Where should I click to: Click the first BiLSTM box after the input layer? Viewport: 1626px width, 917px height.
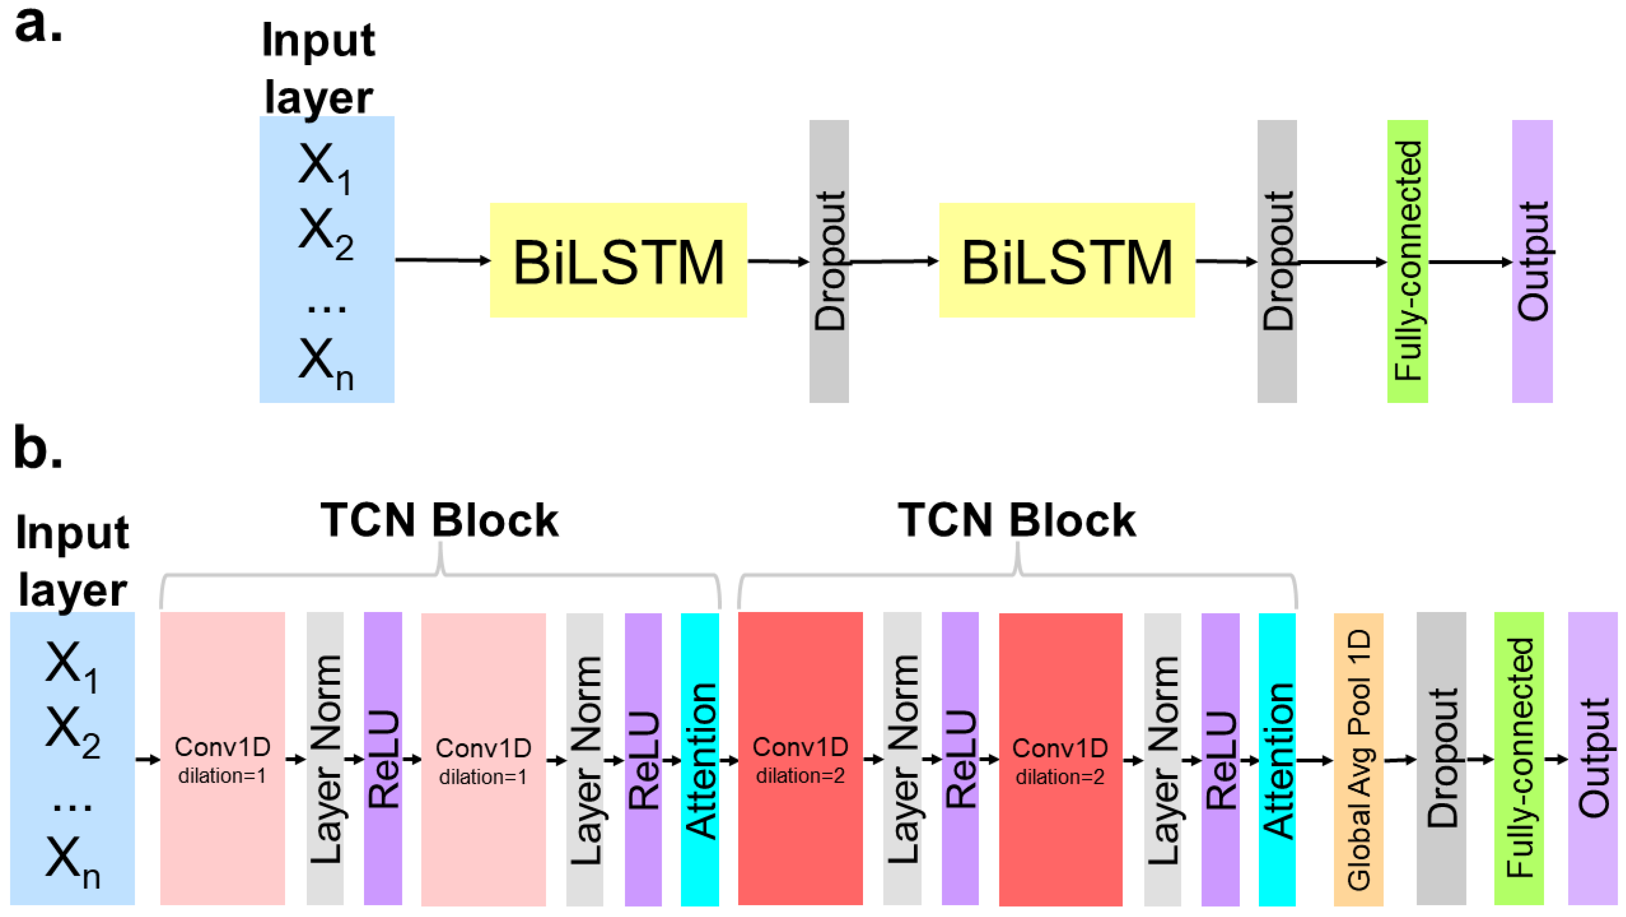click(618, 260)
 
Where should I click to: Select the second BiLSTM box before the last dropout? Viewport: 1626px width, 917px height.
click(1067, 260)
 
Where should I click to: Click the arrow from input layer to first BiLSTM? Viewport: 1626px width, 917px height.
click(442, 259)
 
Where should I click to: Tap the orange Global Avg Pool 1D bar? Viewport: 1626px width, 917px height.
click(1358, 759)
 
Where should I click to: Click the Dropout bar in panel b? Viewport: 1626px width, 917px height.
click(1440, 759)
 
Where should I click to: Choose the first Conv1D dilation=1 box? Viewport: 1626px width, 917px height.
click(222, 759)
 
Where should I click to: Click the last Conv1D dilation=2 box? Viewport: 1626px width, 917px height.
click(1060, 759)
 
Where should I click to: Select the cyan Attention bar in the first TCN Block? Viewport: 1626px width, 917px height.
click(700, 759)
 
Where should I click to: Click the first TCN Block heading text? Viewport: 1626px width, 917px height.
click(439, 520)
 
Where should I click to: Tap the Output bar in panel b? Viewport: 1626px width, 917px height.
click(1592, 759)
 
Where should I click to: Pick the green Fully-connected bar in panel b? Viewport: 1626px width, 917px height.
click(1518, 759)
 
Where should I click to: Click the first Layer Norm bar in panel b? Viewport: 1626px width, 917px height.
click(325, 759)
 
